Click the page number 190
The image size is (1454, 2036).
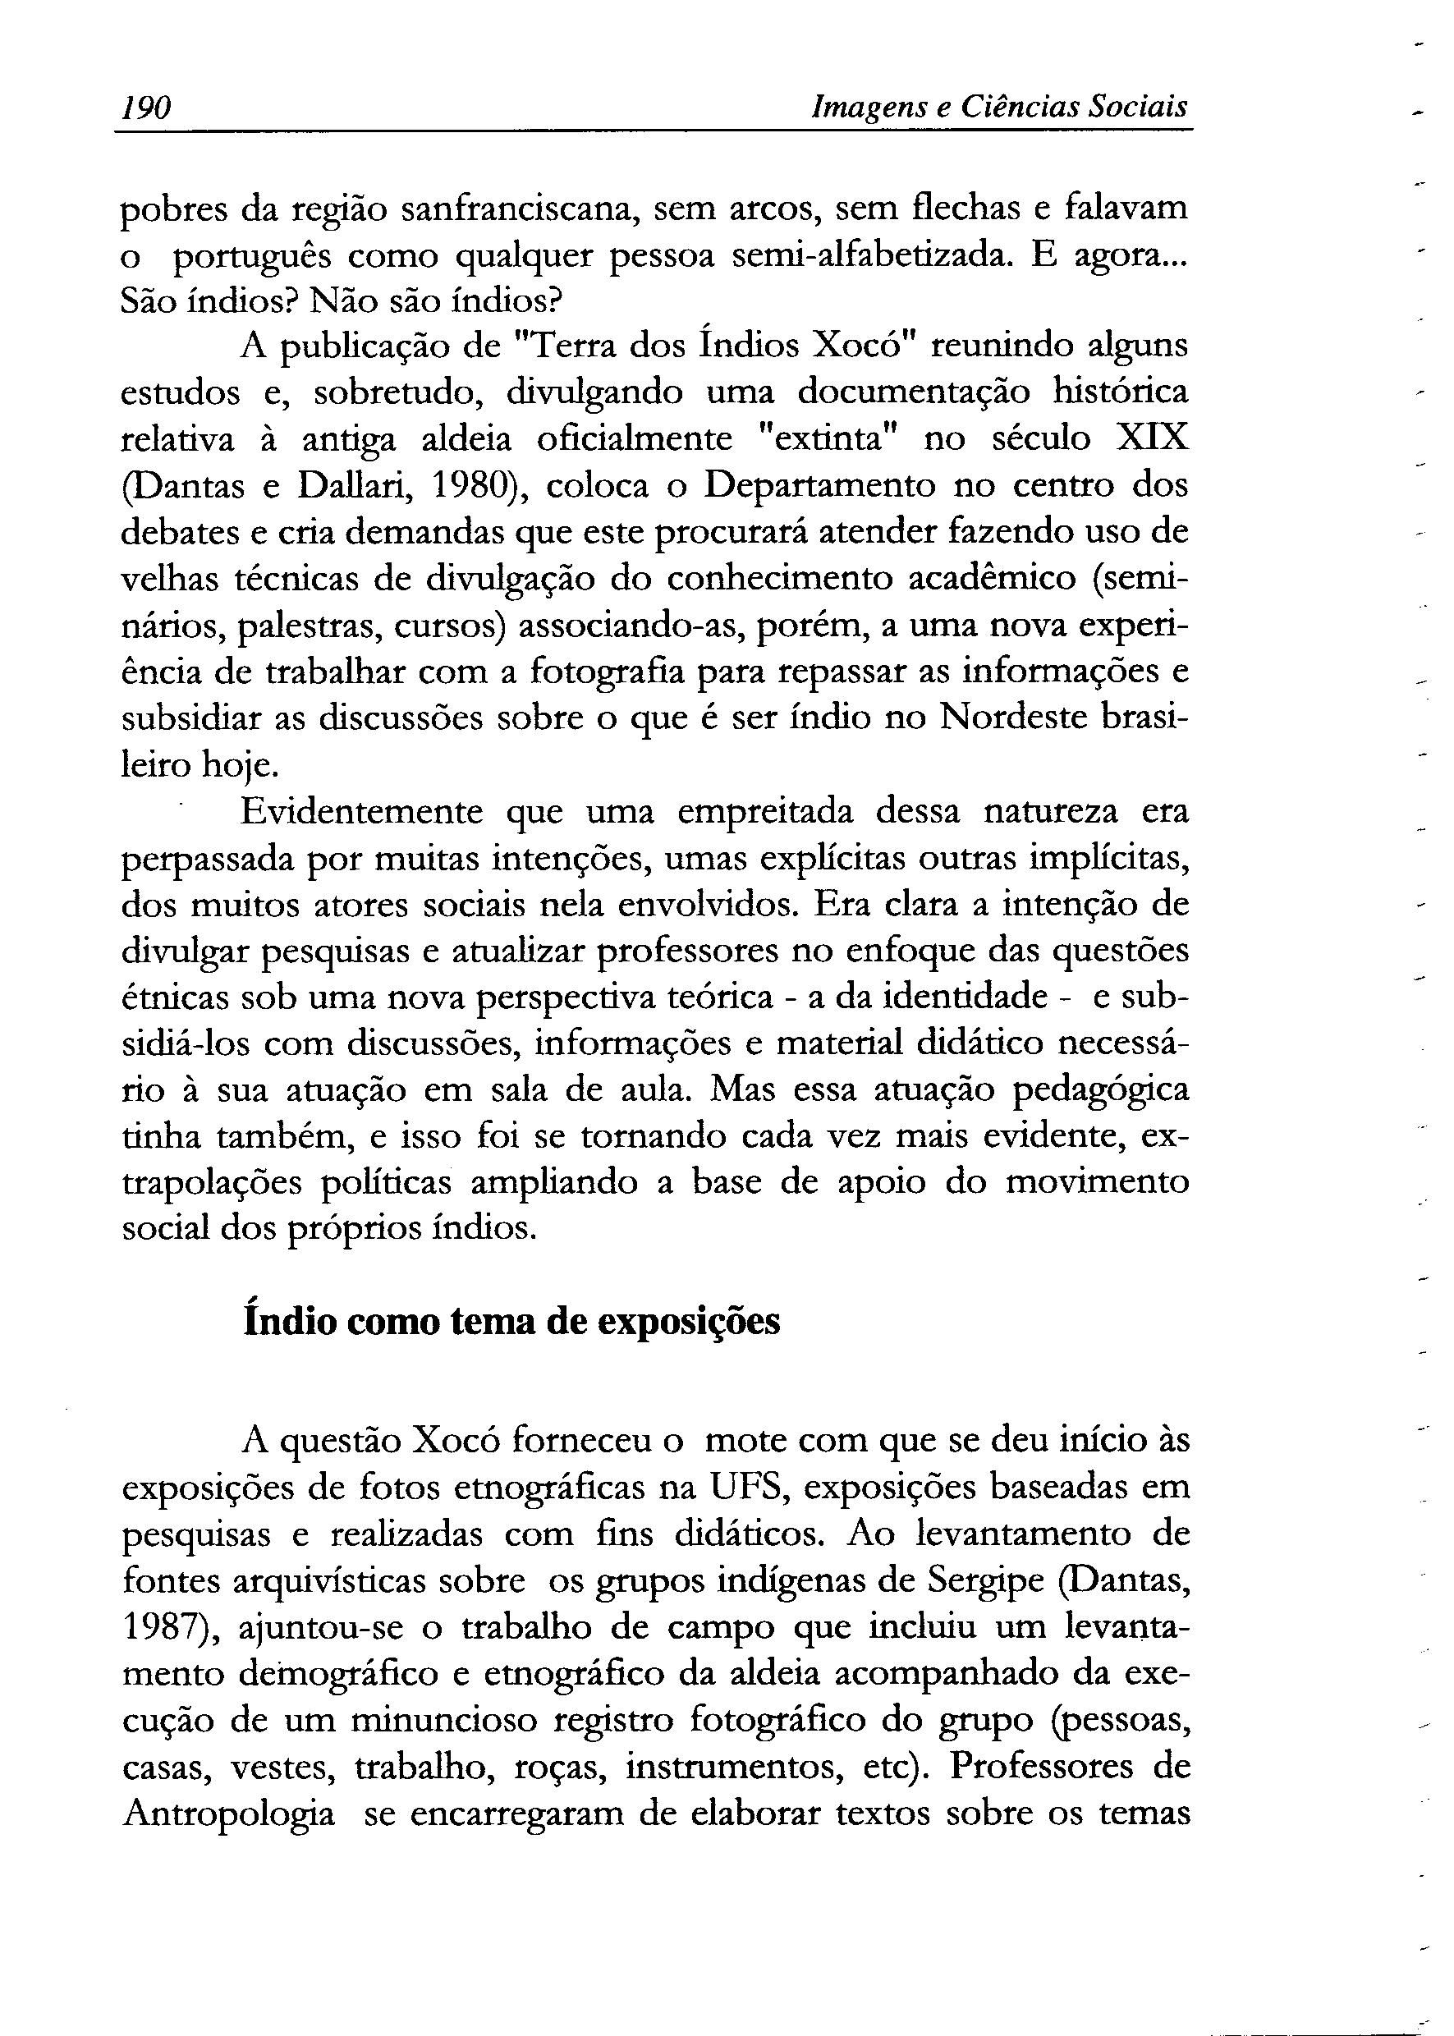[146, 108]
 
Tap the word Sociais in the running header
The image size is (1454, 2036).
[1137, 108]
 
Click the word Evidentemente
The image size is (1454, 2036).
[362, 812]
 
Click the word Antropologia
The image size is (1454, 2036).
[228, 1813]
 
